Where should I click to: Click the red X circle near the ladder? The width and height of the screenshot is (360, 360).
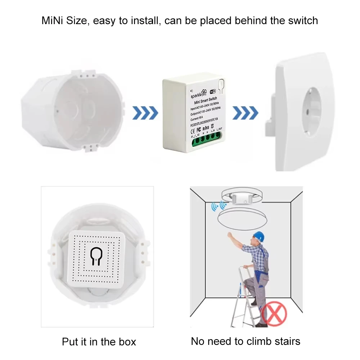click(x=274, y=313)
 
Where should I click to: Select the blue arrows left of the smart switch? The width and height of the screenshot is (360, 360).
click(x=145, y=113)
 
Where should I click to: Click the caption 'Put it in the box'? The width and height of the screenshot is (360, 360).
click(x=99, y=341)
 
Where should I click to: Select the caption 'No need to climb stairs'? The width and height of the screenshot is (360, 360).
click(x=246, y=341)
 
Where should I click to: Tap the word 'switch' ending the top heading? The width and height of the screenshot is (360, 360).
click(x=300, y=20)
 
